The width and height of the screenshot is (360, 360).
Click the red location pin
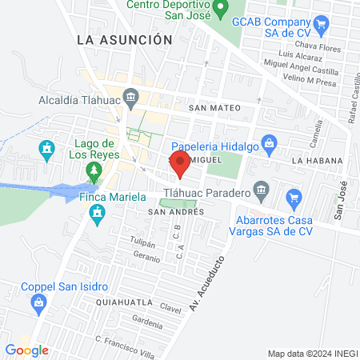[x=180, y=166]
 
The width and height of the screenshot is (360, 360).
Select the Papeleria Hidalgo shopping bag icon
[x=269, y=145]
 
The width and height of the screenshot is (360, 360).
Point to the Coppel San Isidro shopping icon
[x=38, y=302]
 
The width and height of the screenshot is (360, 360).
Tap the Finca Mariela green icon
[x=98, y=213]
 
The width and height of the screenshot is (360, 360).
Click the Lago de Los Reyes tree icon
[x=94, y=170]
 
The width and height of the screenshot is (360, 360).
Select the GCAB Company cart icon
[x=321, y=24]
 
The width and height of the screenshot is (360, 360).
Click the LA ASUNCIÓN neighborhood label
[x=125, y=38]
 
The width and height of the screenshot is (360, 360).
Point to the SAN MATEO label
[x=214, y=107]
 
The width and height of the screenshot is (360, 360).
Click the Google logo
[x=26, y=350]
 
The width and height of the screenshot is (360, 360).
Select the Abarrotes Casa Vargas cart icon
[x=294, y=196]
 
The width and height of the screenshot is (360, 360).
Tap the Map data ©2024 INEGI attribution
[x=312, y=354]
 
